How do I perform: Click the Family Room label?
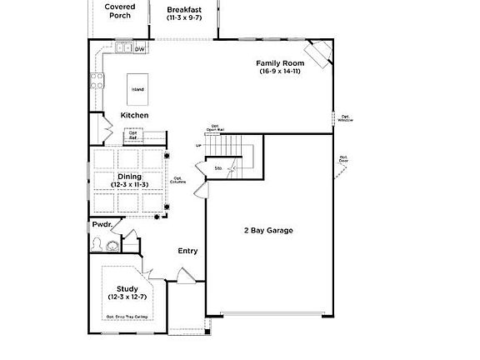coord(279,63)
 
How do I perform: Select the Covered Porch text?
coord(120,10)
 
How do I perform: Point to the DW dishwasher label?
coord(140,49)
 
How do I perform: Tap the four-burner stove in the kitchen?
coord(96,80)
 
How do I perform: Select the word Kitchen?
coord(134,115)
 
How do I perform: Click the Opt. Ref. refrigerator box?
coord(132,135)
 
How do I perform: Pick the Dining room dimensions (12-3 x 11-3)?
coord(129,184)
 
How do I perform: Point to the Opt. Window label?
coord(344,118)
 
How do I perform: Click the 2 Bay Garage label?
coord(268,230)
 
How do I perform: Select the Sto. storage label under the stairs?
coord(219,168)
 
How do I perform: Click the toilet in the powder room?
coord(98,244)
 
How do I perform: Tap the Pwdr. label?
coord(101,224)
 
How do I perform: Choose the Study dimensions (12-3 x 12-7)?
coord(127,297)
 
